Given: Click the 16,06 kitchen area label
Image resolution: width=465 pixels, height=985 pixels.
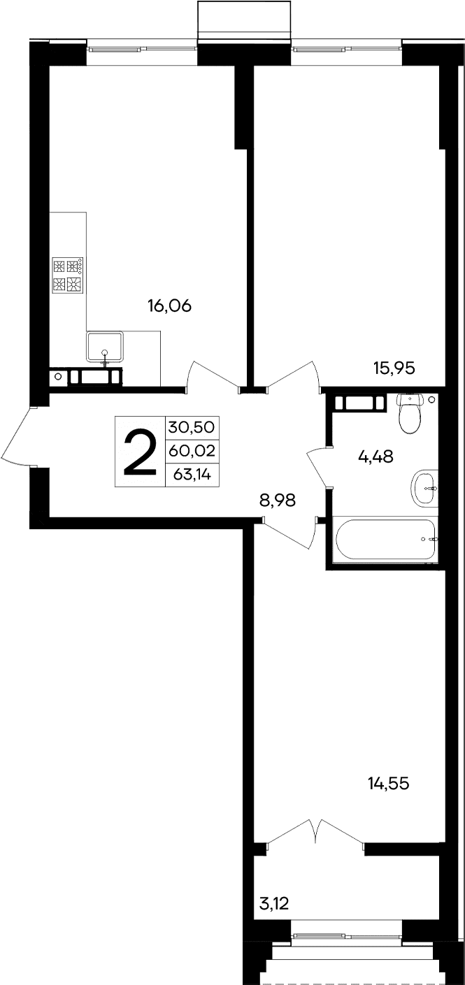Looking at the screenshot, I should pyautogui.click(x=169, y=305).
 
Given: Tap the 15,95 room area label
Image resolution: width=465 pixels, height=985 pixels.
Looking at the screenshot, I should pyautogui.click(x=395, y=368).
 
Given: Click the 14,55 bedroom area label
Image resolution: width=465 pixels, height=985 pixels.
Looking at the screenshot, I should pyautogui.click(x=387, y=784).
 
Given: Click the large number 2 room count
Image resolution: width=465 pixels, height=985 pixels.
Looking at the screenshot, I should pyautogui.click(x=140, y=451).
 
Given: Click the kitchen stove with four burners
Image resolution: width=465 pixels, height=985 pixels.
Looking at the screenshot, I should pyautogui.click(x=68, y=275).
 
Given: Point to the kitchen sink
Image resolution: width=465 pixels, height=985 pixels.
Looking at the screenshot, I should pyautogui.click(x=105, y=347).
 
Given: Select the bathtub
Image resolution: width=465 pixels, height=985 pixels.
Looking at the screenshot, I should pyautogui.click(x=385, y=539).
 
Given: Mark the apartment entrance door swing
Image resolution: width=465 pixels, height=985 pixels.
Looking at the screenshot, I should pyautogui.click(x=17, y=437).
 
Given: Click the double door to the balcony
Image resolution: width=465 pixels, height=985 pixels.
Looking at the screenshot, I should pyautogui.click(x=315, y=832).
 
